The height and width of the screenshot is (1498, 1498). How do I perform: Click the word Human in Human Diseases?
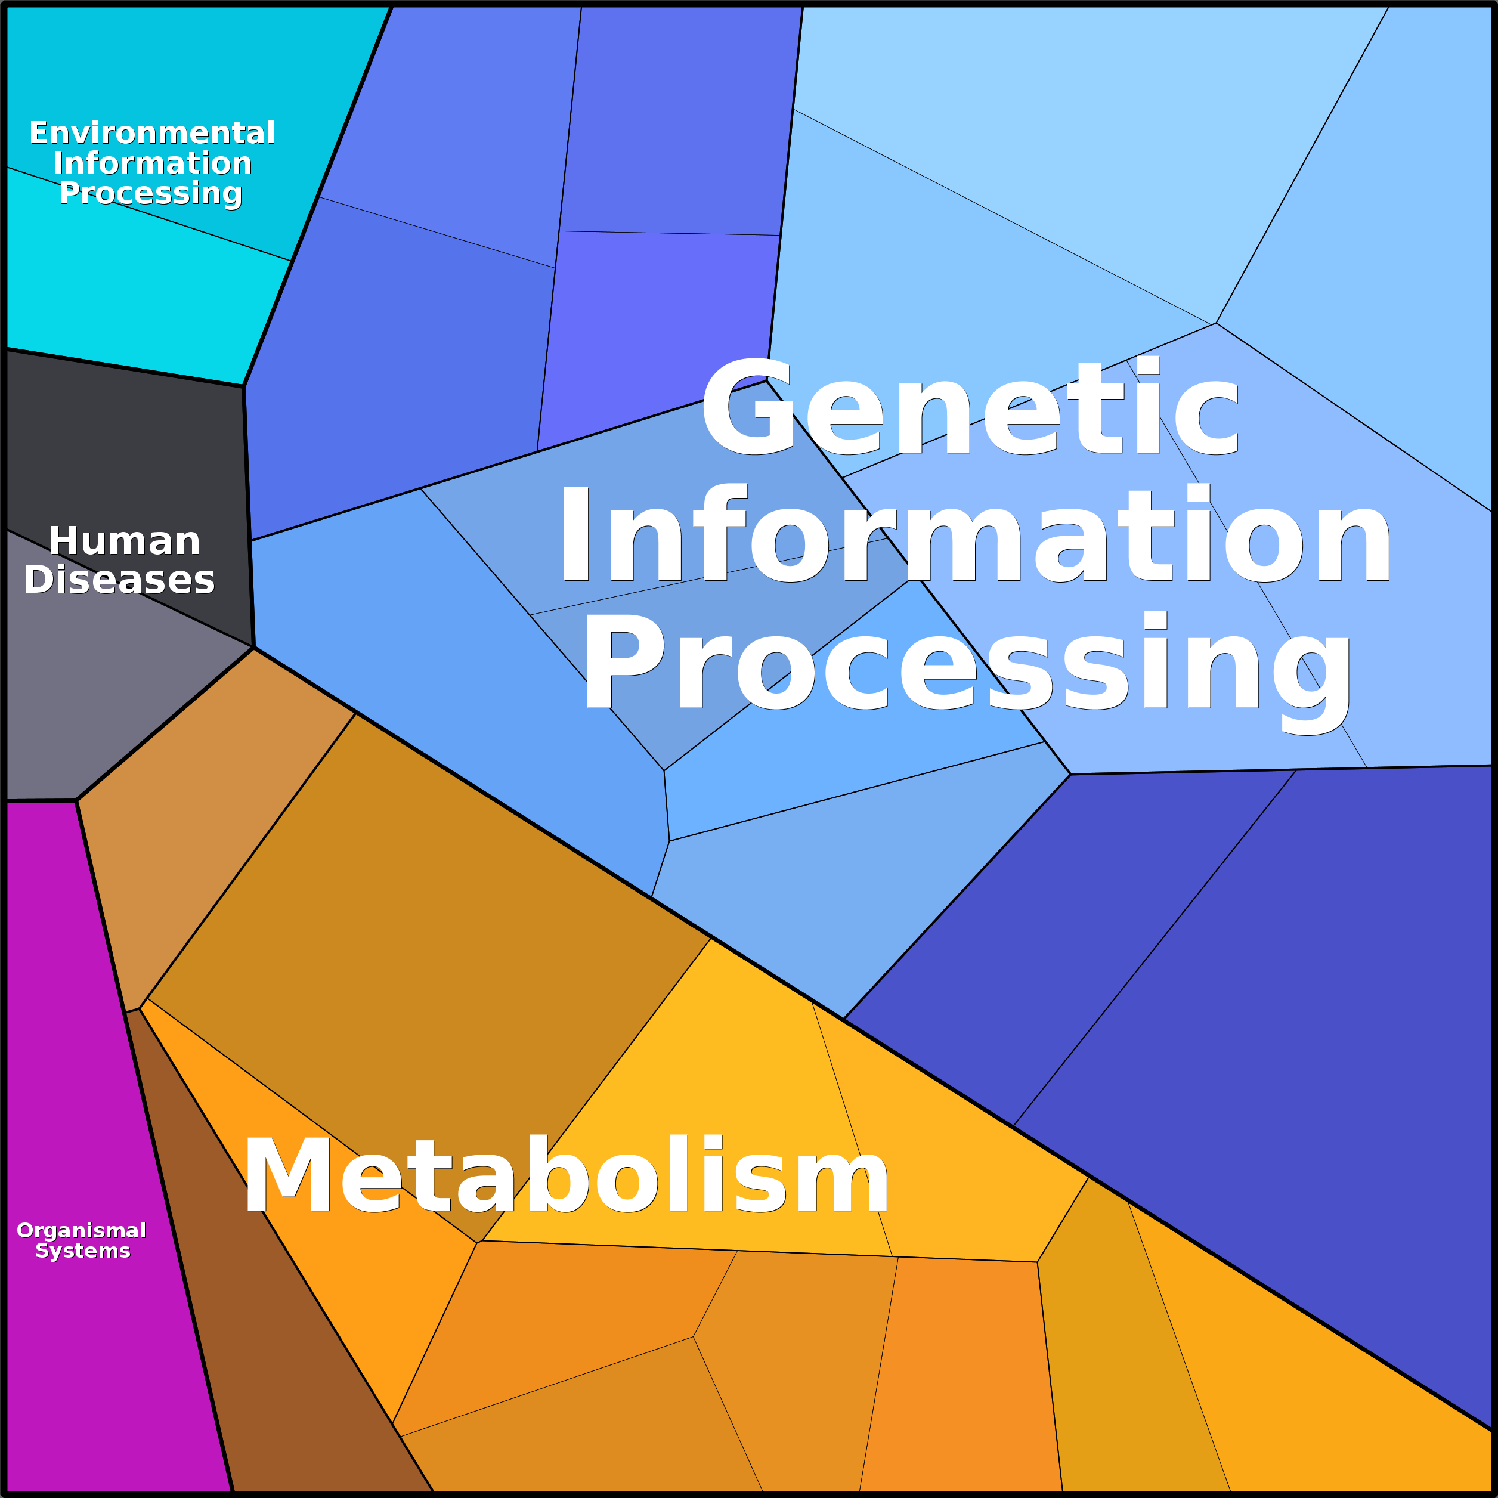124,541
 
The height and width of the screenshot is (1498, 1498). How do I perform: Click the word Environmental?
152,134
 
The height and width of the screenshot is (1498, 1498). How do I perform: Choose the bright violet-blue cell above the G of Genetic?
659,318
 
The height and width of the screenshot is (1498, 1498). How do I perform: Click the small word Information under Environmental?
152,163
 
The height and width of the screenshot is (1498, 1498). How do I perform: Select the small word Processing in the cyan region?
150,193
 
